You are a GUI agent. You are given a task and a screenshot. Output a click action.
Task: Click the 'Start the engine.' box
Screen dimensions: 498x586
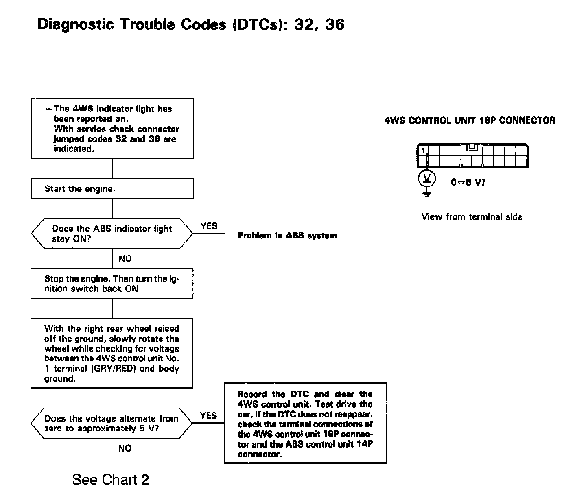(112, 189)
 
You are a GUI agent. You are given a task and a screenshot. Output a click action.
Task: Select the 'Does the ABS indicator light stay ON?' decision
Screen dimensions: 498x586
(112, 234)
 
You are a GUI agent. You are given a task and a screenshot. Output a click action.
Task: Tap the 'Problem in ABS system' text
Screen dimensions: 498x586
(287, 236)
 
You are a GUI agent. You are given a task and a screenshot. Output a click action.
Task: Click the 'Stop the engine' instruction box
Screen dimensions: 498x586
(112, 283)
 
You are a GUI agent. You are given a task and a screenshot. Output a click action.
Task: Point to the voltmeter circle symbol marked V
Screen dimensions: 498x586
(427, 178)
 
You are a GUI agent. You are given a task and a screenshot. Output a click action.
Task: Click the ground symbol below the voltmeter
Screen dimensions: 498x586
(427, 193)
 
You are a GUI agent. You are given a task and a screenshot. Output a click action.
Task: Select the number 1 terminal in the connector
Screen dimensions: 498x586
(423, 151)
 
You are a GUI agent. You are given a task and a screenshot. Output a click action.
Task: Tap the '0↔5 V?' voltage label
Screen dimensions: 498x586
(468, 182)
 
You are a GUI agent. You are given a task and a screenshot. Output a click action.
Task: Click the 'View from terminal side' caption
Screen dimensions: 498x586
(472, 216)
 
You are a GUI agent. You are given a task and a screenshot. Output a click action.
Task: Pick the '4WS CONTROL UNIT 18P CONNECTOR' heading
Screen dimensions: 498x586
(470, 120)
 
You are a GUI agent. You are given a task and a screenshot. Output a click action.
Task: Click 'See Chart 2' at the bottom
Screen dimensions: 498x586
(111, 480)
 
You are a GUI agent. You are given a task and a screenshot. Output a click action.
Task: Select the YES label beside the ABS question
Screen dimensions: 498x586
(209, 226)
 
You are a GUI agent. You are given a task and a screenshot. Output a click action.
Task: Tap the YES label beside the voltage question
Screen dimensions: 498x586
(208, 415)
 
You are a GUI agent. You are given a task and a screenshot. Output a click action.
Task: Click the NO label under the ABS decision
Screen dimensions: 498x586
(125, 258)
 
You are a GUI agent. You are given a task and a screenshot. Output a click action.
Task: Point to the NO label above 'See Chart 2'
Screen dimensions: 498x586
(125, 448)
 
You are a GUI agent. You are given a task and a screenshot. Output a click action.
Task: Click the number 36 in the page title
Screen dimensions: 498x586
(335, 25)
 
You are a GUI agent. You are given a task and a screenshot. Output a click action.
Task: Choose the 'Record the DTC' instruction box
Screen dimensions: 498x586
(305, 423)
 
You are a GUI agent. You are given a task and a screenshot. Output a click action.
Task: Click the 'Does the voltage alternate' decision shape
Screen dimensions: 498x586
(112, 423)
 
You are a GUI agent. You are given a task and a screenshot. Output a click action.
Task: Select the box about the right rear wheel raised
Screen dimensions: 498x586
(112, 353)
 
